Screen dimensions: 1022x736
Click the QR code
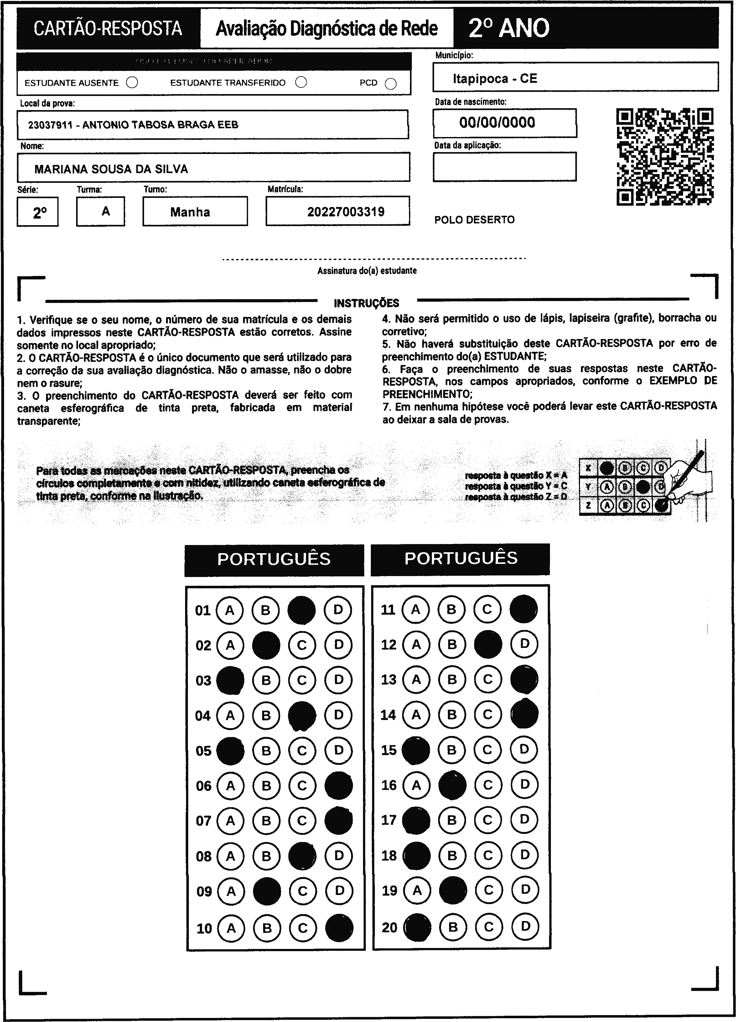[665, 157]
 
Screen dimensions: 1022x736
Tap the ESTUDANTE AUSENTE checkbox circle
[132, 82]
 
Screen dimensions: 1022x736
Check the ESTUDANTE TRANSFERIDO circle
[301, 82]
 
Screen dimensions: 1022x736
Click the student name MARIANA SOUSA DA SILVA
[111, 169]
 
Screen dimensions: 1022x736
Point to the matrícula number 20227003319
[346, 212]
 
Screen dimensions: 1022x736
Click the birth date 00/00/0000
[497, 123]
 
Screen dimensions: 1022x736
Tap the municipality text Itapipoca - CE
[495, 78]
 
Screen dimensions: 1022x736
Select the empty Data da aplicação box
[504, 167]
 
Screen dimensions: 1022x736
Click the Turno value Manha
[190, 212]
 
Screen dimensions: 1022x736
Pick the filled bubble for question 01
[302, 610]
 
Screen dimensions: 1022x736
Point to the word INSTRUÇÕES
[366, 303]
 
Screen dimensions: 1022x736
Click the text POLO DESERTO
[474, 220]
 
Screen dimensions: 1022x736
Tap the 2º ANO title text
[509, 29]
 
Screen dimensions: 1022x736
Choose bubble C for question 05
[302, 751]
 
